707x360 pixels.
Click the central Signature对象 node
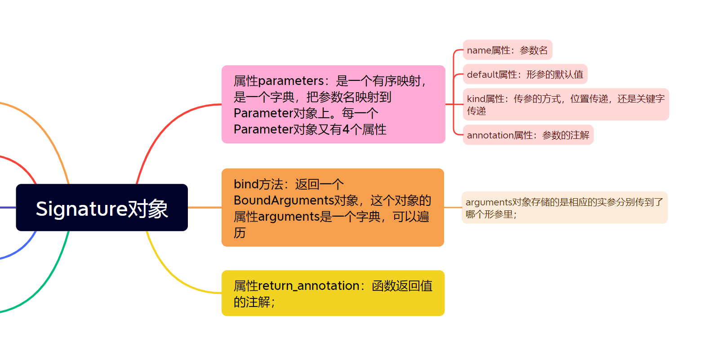102,208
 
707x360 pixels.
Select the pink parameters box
333,104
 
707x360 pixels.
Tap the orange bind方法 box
333,208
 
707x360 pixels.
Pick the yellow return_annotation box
333,293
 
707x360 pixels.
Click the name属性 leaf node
507,50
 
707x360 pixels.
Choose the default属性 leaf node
525,74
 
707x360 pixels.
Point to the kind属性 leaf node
565,104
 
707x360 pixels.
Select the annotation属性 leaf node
528,135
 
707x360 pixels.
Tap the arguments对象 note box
564,208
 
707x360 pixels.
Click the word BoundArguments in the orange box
283,200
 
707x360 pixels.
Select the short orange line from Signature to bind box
205,208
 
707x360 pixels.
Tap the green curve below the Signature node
45,288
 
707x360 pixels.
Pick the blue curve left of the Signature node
22,252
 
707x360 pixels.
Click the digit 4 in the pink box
346,129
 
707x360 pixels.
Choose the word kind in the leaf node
476,99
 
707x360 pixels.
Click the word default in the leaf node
482,74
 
